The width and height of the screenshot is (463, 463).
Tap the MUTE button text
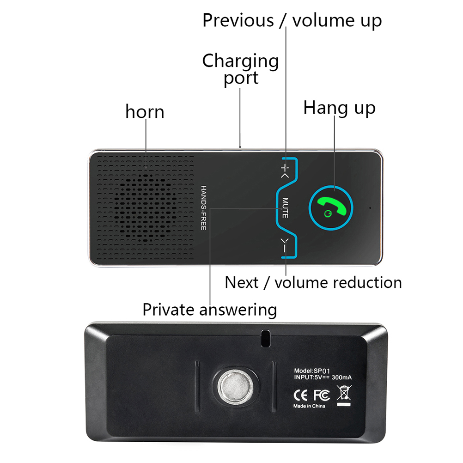tap(285, 208)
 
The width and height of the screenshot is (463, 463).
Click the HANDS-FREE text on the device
tap(203, 208)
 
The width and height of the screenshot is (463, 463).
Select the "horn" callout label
tap(145, 112)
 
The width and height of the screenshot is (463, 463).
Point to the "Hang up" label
tap(339, 108)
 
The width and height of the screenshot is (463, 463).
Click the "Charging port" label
tap(240, 69)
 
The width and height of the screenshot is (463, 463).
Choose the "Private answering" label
tap(209, 309)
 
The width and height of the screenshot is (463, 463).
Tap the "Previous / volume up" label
tap(292, 20)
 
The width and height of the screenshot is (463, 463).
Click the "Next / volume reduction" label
tap(313, 282)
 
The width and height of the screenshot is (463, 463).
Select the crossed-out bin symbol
tap(344, 395)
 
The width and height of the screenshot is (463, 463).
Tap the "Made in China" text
tap(309, 406)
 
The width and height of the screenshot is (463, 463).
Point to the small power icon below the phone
tap(328, 213)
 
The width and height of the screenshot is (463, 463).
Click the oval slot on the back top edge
tap(265, 337)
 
